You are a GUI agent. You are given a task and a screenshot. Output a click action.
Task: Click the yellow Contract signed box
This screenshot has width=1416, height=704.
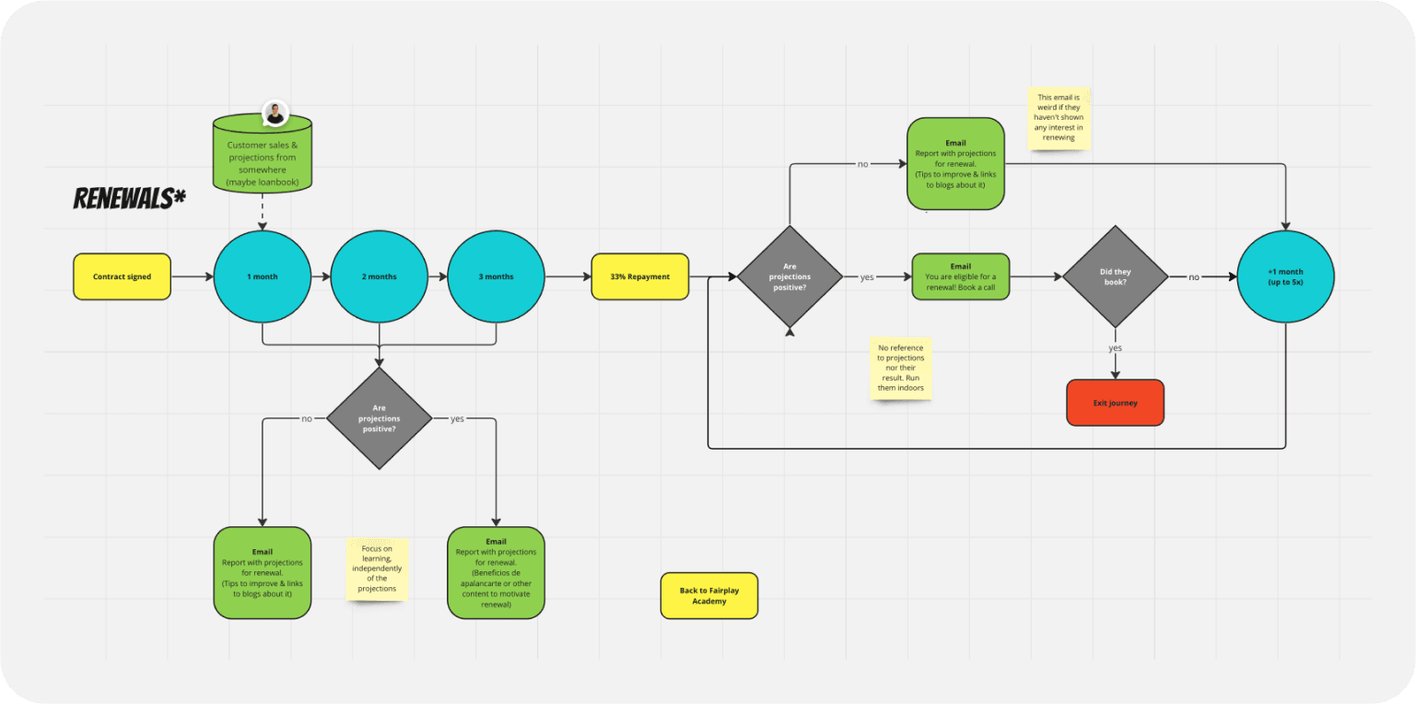coord(122,276)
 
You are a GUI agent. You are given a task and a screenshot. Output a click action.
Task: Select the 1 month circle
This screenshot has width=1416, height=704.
coord(263,276)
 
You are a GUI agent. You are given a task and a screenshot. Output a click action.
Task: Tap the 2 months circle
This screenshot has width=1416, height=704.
coord(380,276)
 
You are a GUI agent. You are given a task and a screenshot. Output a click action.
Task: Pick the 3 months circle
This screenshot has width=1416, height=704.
coord(497,276)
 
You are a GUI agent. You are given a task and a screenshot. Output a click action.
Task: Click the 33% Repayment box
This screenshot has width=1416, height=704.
coord(639,276)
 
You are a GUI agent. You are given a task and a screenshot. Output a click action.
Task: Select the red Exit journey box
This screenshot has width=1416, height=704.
coord(1115,403)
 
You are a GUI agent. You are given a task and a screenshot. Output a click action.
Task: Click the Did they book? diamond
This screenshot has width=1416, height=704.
coord(1115,276)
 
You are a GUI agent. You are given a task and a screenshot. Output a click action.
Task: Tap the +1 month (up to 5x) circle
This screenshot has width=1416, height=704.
coord(1286,276)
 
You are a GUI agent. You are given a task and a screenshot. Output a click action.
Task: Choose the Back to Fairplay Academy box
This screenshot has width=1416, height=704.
coord(709,596)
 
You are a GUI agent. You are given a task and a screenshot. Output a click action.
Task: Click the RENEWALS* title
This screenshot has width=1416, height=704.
coord(130,198)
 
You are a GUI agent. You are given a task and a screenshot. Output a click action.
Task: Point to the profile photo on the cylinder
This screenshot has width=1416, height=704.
coord(275,113)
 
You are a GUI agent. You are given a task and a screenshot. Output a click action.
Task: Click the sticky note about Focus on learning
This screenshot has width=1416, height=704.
coord(377,569)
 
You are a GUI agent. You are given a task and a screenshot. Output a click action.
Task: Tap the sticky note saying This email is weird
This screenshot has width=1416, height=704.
coord(1059,118)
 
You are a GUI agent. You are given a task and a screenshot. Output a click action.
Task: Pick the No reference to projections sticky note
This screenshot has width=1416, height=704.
coord(901,369)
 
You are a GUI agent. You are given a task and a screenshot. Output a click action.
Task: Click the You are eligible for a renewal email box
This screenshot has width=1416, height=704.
coord(961,276)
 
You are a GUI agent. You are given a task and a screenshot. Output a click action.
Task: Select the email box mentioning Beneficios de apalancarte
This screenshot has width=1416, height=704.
coord(497,573)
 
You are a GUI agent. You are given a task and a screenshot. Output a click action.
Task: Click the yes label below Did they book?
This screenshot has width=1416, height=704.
coord(1115,348)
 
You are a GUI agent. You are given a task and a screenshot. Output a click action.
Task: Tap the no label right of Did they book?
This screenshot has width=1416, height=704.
coord(1193,277)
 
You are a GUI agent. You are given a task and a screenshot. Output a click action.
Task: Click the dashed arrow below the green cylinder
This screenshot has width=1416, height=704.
coord(263,212)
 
